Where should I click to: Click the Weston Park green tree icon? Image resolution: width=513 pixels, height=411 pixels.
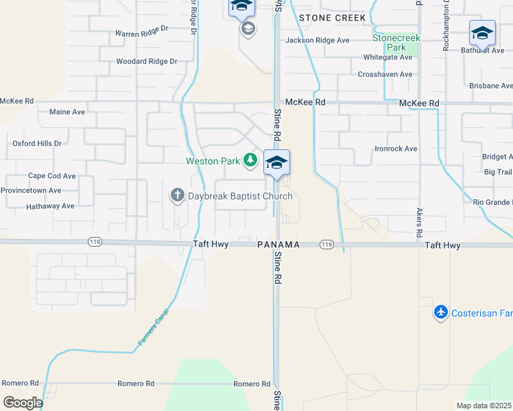(250, 161)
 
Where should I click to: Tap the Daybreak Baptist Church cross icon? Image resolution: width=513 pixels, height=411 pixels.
(176, 196)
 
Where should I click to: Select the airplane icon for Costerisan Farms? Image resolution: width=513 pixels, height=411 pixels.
(441, 312)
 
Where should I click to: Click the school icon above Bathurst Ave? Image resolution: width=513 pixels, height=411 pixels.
(482, 32)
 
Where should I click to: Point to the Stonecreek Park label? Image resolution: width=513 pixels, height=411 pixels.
(396, 42)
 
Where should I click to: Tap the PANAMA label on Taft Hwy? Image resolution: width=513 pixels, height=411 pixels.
(278, 245)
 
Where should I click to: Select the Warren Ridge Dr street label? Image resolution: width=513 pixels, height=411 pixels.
(142, 32)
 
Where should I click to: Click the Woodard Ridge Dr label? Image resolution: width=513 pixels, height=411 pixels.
(147, 61)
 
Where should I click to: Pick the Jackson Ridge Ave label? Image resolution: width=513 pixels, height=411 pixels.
(318, 40)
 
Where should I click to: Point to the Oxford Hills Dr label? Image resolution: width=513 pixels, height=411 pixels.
(37, 143)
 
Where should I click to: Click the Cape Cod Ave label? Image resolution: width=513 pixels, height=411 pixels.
(51, 176)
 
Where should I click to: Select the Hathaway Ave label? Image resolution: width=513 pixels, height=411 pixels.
(50, 206)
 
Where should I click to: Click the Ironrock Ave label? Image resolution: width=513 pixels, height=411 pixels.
(396, 149)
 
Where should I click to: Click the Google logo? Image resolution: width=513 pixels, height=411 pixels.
(23, 402)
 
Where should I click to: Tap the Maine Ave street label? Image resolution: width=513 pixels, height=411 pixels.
(67, 112)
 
